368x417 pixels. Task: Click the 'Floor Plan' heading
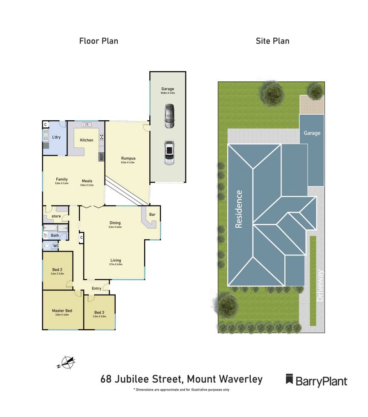click(99, 41)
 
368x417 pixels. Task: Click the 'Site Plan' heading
click(272, 41)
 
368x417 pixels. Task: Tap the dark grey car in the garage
click(169, 116)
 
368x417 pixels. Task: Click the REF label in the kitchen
click(101, 156)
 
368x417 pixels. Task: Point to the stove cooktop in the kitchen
click(102, 137)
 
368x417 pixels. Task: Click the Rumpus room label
click(128, 159)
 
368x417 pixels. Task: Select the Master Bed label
click(62, 311)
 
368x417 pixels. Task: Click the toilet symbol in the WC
click(46, 246)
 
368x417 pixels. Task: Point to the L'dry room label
click(56, 138)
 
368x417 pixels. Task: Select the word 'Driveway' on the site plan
click(321, 286)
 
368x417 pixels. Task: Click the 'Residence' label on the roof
click(239, 209)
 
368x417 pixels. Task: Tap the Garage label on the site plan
click(312, 133)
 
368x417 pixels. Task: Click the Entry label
click(96, 289)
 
